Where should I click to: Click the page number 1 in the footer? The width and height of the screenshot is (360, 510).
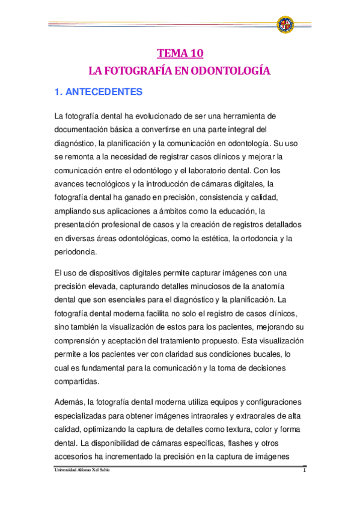305,470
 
